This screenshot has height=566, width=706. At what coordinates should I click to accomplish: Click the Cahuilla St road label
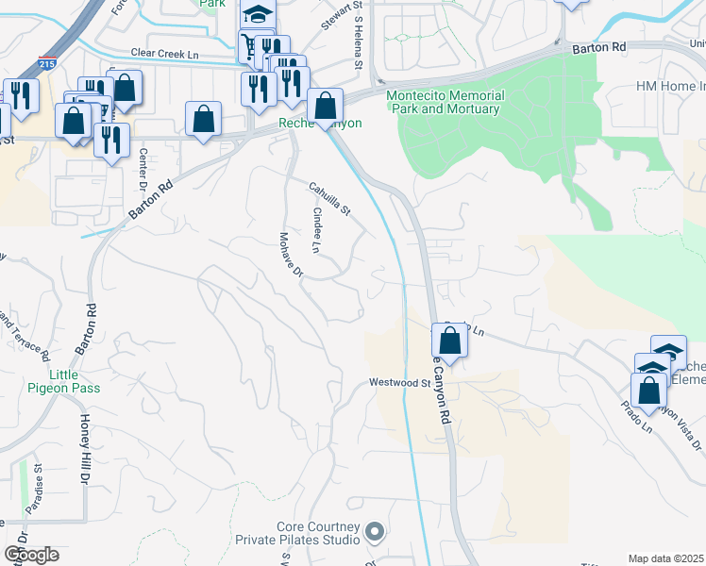pyautogui.click(x=330, y=197)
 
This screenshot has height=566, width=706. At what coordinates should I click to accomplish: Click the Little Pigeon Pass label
pyautogui.click(x=64, y=380)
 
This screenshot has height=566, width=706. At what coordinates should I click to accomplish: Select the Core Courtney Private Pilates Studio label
pyautogui.click(x=318, y=533)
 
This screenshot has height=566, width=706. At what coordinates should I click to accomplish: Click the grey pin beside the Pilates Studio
pyautogui.click(x=375, y=533)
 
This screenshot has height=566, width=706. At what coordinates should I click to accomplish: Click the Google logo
pyautogui.click(x=31, y=555)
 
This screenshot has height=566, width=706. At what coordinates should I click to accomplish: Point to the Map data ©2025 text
pyautogui.click(x=666, y=558)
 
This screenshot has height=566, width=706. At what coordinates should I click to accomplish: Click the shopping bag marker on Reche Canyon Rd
pyautogui.click(x=451, y=340)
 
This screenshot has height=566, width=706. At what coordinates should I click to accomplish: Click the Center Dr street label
pyautogui.click(x=144, y=168)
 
